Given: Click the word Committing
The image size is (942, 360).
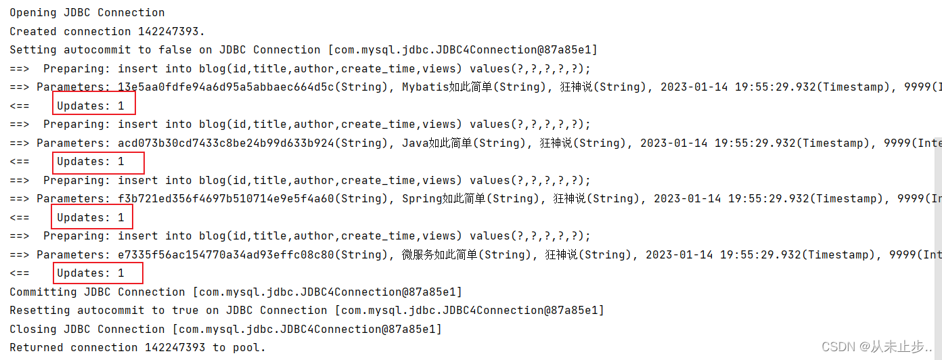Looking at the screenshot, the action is click(x=43, y=292).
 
